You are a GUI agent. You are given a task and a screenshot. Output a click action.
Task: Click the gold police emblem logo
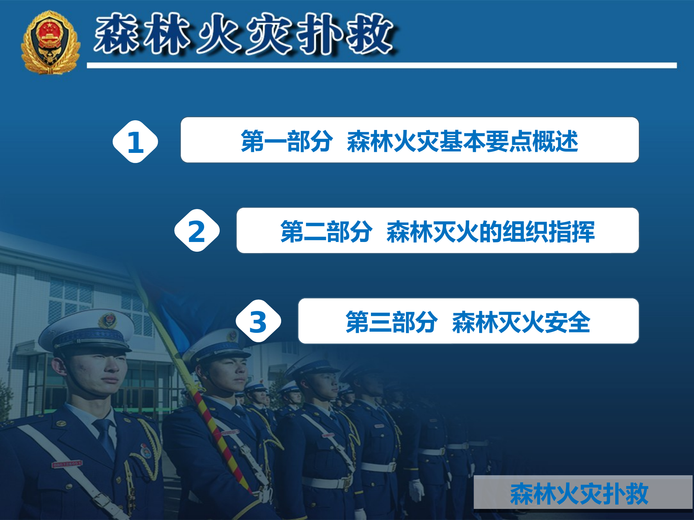point(50,42)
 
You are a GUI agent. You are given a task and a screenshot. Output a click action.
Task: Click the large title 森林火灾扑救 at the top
point(245,34)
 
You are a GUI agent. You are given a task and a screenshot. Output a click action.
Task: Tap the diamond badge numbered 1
point(135,142)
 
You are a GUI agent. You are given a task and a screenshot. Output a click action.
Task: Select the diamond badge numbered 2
point(197,231)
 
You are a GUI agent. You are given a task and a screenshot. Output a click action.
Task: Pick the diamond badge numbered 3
point(258,321)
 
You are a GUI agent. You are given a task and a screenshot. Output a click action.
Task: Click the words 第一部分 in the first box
point(287,141)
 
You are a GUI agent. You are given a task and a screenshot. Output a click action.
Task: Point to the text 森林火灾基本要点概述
point(462,141)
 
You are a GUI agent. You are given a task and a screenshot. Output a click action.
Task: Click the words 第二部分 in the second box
point(326,231)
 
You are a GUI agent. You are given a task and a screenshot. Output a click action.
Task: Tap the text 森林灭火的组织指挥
point(490,231)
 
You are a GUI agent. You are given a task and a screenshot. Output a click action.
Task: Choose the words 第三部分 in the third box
point(391,322)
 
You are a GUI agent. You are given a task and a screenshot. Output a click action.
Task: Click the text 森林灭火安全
point(521,322)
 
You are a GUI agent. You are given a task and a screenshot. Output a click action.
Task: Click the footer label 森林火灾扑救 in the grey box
point(579,494)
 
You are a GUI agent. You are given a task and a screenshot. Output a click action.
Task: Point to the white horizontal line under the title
point(382,66)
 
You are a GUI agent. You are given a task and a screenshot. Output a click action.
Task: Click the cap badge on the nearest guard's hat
point(108,320)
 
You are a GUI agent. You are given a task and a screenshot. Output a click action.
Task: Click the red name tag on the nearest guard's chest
point(67,464)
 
